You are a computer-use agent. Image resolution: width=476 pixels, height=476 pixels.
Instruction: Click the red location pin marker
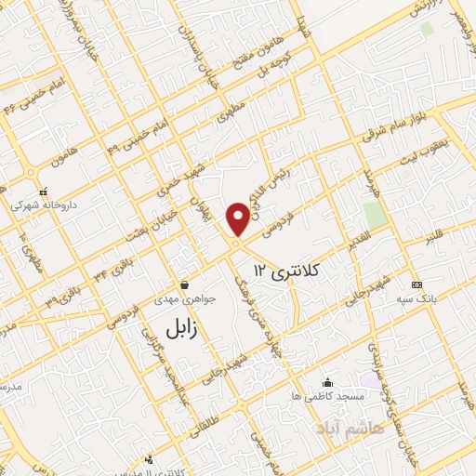(239, 218)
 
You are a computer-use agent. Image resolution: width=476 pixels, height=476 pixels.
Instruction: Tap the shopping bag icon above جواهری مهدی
(184, 284)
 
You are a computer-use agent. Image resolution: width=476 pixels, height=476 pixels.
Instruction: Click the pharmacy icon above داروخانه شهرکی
(43, 192)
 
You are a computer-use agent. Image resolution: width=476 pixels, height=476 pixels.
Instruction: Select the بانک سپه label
(416, 298)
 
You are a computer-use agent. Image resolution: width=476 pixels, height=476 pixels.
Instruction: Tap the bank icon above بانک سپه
(416, 284)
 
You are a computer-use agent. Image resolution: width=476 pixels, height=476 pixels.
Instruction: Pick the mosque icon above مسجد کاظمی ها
(326, 382)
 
